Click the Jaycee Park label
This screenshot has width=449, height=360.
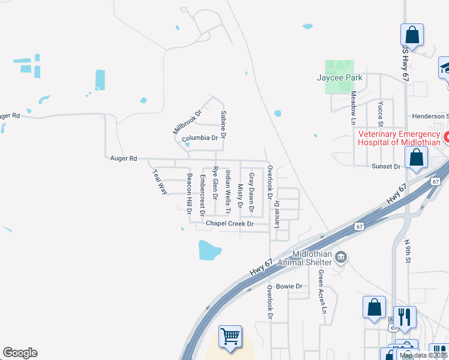(x=340, y=77)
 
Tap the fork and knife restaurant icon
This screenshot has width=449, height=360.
(x=406, y=316)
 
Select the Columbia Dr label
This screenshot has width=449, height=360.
(x=200, y=138)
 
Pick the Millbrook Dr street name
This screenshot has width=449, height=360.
(x=187, y=122)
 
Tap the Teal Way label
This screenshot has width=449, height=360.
(x=158, y=181)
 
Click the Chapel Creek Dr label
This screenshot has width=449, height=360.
(x=230, y=223)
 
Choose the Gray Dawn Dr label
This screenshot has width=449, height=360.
(x=252, y=194)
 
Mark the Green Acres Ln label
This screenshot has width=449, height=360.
(x=322, y=292)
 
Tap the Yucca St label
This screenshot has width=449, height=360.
(x=380, y=112)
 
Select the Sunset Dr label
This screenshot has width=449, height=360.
(x=386, y=166)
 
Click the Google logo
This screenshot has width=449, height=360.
(x=20, y=353)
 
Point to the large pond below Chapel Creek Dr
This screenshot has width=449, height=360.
(x=210, y=249)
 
